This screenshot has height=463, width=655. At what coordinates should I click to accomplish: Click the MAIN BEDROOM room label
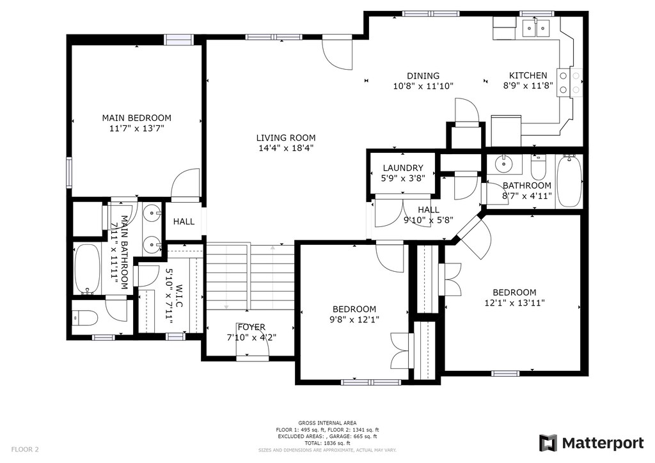point(137,118)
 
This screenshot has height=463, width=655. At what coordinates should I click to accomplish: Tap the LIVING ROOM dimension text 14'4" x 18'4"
point(286,148)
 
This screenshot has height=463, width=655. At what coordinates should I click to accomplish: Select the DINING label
point(423,75)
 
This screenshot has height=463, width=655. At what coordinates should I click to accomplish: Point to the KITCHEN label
point(528,75)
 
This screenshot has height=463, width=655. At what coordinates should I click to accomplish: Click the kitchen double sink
point(536,28)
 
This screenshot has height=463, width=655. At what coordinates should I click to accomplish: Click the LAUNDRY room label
point(403,168)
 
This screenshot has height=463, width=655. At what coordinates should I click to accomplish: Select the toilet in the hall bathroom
point(538,167)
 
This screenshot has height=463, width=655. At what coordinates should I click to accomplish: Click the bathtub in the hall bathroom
point(569,181)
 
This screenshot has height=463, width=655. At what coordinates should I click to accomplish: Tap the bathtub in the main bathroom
point(87,269)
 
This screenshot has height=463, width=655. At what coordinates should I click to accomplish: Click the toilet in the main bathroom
point(85,319)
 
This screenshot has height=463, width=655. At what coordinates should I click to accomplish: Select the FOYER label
point(251,327)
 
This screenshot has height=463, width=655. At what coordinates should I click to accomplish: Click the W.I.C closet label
point(179,297)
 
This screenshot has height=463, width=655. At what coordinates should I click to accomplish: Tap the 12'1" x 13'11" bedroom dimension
point(515,303)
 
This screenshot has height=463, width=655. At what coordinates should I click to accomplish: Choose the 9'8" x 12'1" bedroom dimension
point(354,320)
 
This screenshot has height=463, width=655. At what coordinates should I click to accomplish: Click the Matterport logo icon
point(548,443)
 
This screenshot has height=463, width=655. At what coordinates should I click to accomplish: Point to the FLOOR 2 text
point(25,450)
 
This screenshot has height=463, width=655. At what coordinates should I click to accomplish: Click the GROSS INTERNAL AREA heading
point(327,423)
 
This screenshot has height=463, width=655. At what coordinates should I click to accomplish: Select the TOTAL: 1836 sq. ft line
point(327,443)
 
